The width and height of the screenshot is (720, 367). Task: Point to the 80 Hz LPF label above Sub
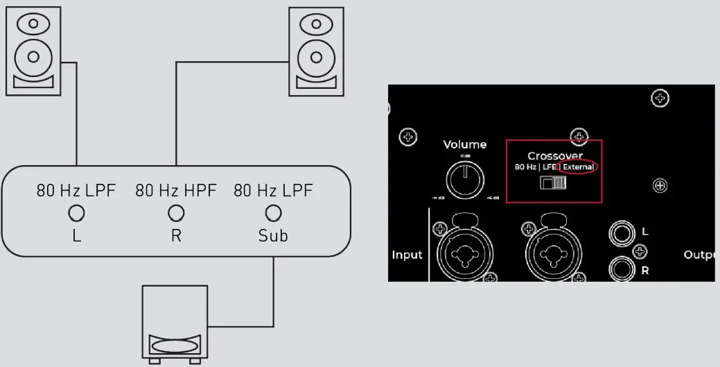273,190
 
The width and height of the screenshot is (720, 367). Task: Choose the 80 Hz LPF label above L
76,190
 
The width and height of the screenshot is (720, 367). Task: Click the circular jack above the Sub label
274,212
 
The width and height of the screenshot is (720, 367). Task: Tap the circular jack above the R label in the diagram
176,212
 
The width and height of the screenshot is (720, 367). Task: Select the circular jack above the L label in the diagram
76,212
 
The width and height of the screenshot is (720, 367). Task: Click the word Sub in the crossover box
273,236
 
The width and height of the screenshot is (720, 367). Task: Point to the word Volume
465,145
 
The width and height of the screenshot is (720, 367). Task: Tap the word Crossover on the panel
554,155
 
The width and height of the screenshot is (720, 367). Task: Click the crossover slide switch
554,183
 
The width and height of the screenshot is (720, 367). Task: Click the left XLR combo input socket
464,255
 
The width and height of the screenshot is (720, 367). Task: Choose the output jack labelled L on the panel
620,233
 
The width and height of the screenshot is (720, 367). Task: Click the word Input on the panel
407,255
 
